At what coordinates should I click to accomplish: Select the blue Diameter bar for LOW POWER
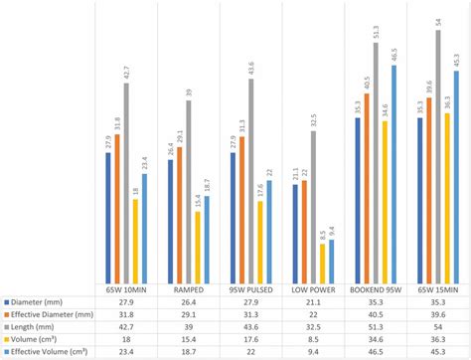[x=295, y=234]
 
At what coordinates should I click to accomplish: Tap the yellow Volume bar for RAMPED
[x=198, y=247]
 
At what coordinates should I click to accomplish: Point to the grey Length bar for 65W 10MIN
[x=126, y=183]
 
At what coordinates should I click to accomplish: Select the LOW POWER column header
[x=313, y=289]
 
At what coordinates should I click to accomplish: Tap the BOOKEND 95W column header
[x=375, y=289]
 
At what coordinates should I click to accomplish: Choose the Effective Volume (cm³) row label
[x=50, y=351]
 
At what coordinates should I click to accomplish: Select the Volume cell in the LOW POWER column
[x=313, y=339]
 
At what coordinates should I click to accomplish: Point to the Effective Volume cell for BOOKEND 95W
[x=375, y=351]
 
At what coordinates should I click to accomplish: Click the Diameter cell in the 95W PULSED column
[x=250, y=301]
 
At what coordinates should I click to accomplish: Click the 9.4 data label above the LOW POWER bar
[x=332, y=230]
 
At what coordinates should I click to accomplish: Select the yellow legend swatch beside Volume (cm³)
[x=6, y=339]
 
